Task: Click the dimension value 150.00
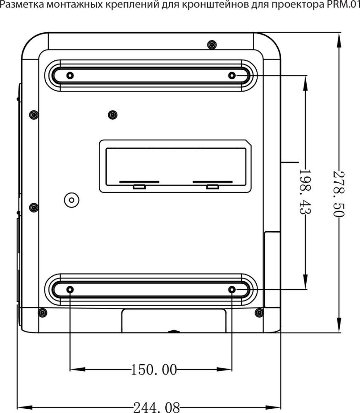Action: coord(154,369)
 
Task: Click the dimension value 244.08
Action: coord(157,408)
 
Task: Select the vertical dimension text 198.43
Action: coord(305,191)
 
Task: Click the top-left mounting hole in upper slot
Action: coord(70,76)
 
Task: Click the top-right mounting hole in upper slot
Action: coord(232,76)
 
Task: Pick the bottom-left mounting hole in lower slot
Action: coord(70,290)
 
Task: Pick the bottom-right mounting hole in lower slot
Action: coord(232,290)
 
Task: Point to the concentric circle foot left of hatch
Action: coord(72,200)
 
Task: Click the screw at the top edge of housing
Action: coord(212,44)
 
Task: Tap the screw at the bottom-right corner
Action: coord(259,313)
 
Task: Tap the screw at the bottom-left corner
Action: coord(42,313)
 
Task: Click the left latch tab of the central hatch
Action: coord(139,187)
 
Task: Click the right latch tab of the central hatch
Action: coord(212,187)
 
